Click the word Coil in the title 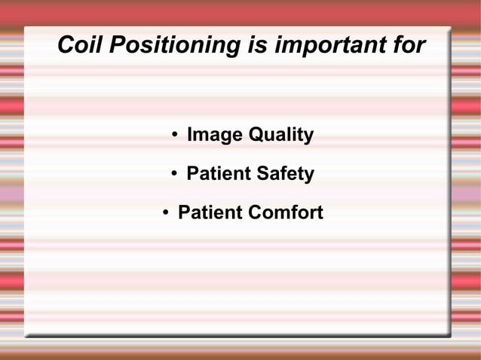click(x=80, y=45)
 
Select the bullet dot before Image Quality click(x=174, y=136)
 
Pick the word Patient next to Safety click(x=218, y=175)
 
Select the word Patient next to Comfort click(x=209, y=213)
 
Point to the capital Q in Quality click(x=256, y=136)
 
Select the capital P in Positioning click(x=116, y=45)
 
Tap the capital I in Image click(x=189, y=136)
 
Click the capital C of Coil click(x=66, y=45)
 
